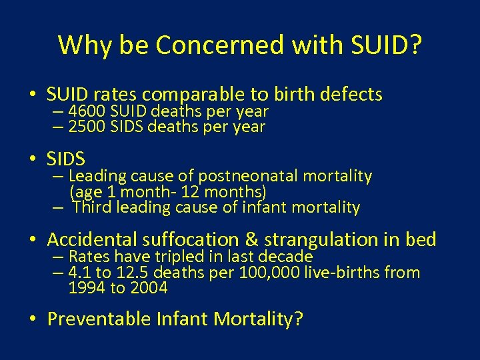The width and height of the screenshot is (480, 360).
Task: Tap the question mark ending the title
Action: click(415, 45)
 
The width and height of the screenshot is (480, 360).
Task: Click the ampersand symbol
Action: click(251, 239)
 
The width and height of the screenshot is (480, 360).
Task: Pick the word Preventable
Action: click(99, 319)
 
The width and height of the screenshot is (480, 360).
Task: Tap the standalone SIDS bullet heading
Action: click(66, 159)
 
